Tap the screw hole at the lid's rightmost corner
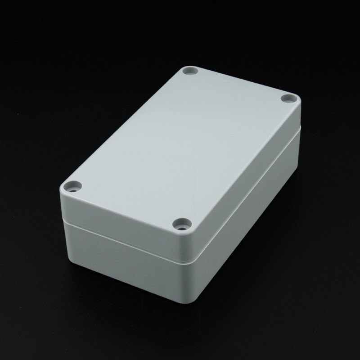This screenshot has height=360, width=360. tap(286, 98)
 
